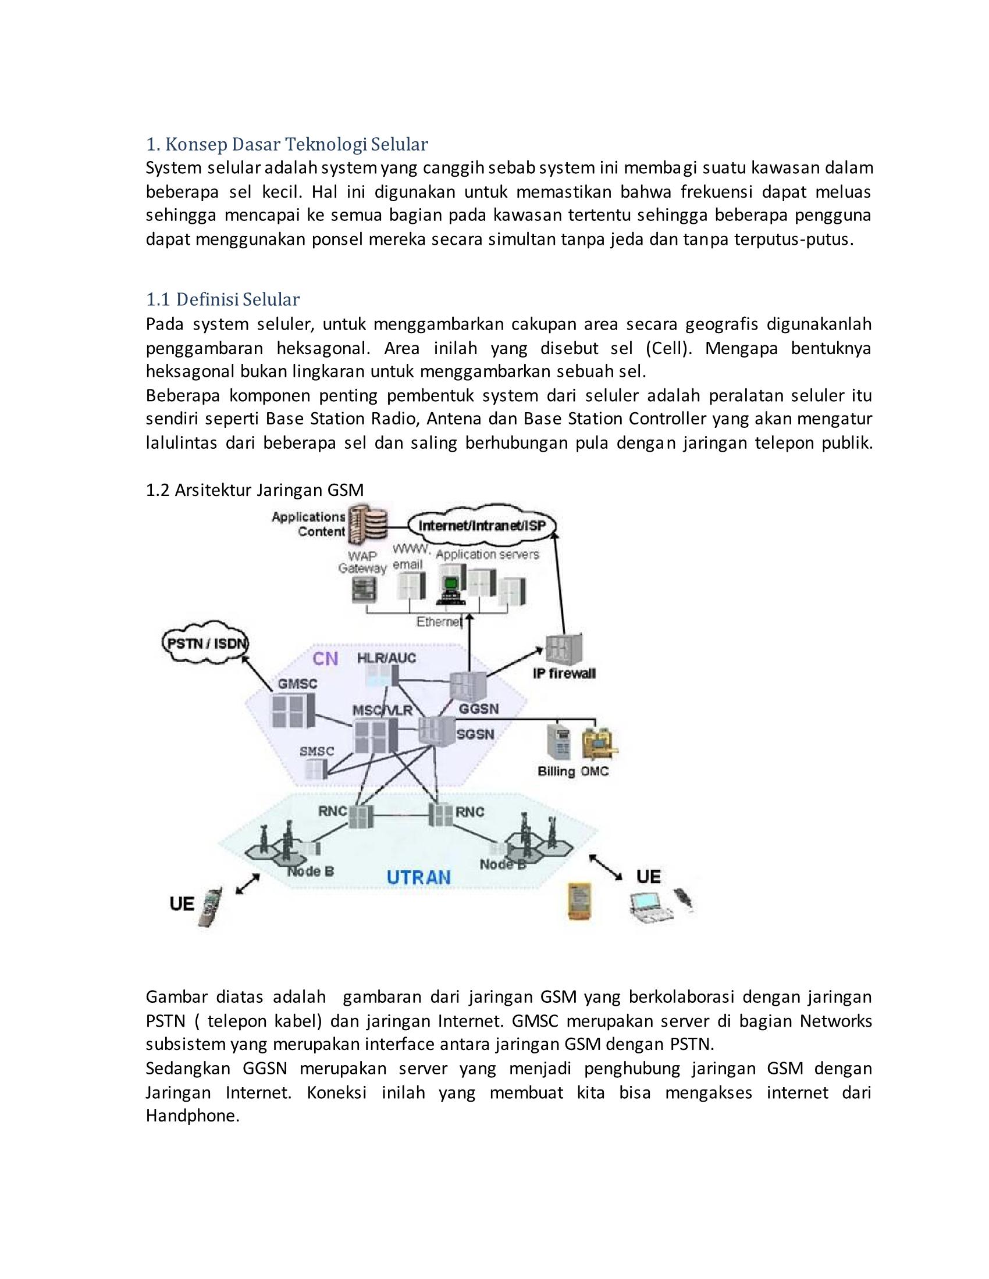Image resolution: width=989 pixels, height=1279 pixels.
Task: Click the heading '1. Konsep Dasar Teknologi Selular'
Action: [x=286, y=144]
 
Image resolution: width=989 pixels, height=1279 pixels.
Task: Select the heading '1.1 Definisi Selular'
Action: [x=223, y=300]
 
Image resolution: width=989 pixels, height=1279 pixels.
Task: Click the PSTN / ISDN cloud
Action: [x=204, y=644]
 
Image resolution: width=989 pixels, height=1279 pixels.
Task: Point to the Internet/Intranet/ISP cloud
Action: [x=482, y=526]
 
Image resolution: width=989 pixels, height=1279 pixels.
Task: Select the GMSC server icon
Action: [x=292, y=710]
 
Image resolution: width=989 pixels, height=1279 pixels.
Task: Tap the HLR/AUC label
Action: [x=386, y=658]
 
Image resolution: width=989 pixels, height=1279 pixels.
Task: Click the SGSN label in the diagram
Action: [x=475, y=734]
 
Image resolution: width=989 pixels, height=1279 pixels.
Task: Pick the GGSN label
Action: [x=479, y=709]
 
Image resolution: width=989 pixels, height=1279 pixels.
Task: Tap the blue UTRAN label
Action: [x=418, y=877]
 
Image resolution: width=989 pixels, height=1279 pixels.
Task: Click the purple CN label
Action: [x=325, y=659]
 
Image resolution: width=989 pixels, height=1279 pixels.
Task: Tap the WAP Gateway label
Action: [x=362, y=562]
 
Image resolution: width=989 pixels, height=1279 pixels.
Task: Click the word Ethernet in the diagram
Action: [x=438, y=621]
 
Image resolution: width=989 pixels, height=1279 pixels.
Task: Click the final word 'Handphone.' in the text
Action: [x=192, y=1116]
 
